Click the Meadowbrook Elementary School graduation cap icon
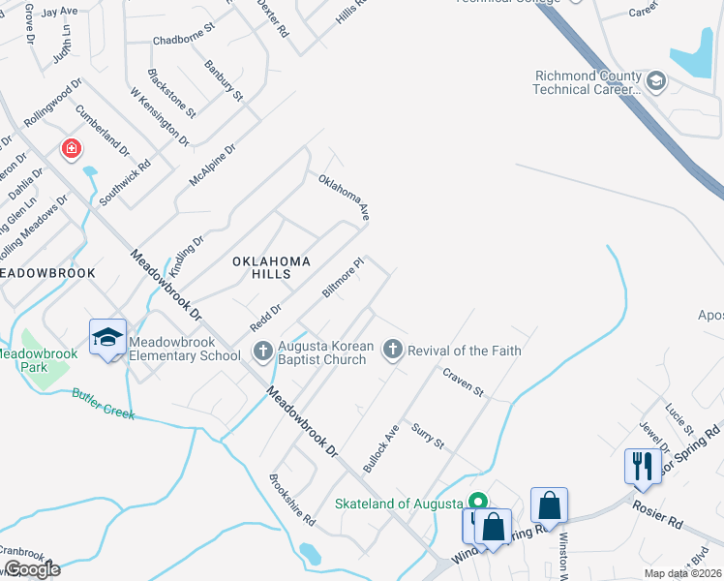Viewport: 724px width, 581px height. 108,337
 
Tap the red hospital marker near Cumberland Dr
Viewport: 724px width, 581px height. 71,149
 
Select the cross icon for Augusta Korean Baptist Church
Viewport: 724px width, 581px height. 262,351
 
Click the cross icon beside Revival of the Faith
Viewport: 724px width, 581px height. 393,350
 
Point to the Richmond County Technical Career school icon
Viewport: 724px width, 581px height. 656,80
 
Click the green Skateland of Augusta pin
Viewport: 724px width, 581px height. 477,503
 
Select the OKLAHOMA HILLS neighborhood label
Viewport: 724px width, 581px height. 271,267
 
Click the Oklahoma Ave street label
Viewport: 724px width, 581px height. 345,198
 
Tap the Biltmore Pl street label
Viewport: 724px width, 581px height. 343,278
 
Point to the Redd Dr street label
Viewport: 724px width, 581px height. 265,316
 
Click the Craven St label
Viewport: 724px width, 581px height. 464,382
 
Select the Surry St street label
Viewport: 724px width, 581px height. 427,436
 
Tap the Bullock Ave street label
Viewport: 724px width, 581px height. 380,442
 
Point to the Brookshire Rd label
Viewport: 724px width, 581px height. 293,500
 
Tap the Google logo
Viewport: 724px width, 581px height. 33,569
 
